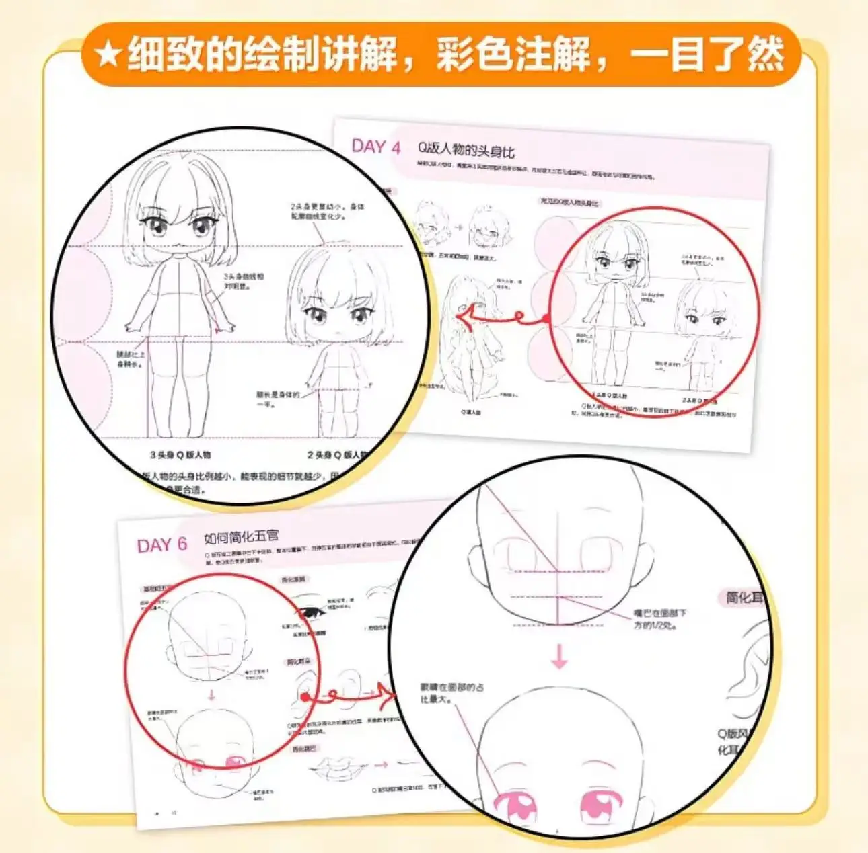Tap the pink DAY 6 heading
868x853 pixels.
[x=161, y=545]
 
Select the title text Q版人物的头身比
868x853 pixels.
[x=466, y=149]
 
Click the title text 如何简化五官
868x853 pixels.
[x=241, y=538]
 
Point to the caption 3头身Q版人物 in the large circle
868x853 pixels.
[x=180, y=455]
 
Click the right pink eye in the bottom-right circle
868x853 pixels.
[x=602, y=804]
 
